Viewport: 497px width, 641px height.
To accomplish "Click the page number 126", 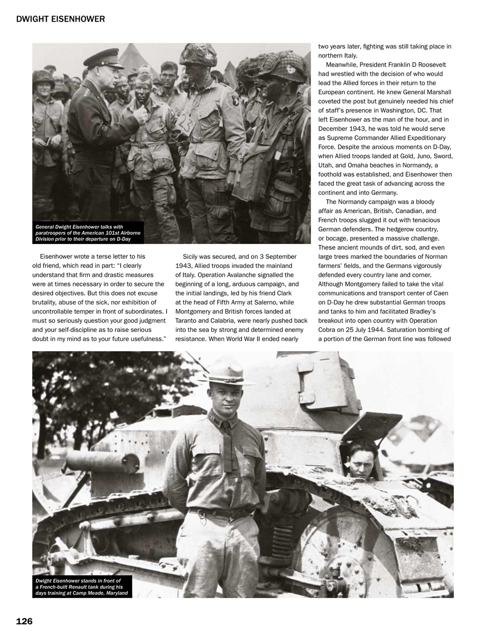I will [24, 621].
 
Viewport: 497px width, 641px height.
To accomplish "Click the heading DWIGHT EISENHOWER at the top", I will [60, 20].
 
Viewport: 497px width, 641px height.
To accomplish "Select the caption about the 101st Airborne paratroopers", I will [88, 233].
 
